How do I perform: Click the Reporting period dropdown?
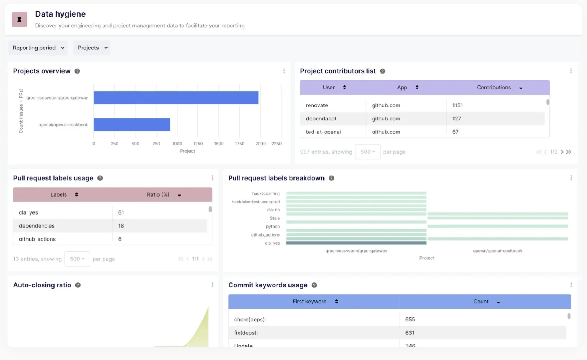pos(38,48)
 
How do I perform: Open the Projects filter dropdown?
pos(92,48)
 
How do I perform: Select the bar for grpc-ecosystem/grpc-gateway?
pos(176,98)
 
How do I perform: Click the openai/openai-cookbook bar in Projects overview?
pos(132,124)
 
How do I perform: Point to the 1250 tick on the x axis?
pos(198,144)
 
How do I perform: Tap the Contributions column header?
pos(494,87)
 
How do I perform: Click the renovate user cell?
pos(317,105)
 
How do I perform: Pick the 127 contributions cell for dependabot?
pos(457,119)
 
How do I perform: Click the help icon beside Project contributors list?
pos(383,71)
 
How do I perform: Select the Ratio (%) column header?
pos(158,194)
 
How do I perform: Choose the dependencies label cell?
pos(37,226)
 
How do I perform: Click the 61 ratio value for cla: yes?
pos(121,212)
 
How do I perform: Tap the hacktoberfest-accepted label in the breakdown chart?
pos(256,202)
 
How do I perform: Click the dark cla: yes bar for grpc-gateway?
pos(356,243)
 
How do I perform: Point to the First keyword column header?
pos(310,302)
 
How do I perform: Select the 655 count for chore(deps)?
pos(410,320)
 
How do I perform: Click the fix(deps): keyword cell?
pos(246,333)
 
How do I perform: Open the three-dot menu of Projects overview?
pos(284,71)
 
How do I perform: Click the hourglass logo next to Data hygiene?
pos(19,19)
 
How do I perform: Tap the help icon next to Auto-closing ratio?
pos(78,285)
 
